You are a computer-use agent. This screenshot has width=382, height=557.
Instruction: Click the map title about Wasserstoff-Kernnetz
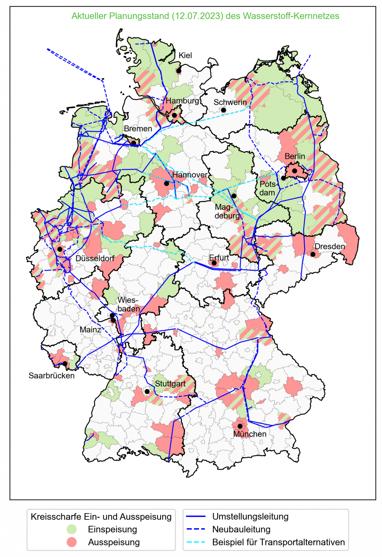coord(205,16)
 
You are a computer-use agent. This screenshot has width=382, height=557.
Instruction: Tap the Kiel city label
coord(185,55)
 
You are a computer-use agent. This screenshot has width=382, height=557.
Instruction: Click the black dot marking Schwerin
coord(224,110)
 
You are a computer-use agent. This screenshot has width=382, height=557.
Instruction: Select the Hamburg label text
coord(182,101)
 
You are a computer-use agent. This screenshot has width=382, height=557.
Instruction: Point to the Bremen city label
coord(138,129)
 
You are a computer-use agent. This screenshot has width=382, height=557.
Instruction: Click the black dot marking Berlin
coord(294,171)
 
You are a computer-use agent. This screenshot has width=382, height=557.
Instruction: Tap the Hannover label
coord(190,175)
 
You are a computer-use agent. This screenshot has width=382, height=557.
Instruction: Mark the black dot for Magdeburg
coord(234,196)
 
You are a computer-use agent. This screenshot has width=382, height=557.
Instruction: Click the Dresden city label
coord(330,247)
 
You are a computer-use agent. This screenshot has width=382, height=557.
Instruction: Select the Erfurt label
coord(219,257)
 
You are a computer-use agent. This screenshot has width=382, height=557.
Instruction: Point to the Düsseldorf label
coord(95,259)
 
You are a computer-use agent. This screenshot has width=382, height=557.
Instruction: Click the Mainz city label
coord(90,330)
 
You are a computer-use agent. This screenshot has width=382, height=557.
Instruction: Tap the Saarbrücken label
coord(52,376)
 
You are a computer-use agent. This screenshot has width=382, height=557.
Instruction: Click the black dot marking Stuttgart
coord(147,392)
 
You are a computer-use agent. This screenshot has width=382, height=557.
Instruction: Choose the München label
coord(250,434)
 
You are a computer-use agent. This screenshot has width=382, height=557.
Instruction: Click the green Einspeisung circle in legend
coord(72,529)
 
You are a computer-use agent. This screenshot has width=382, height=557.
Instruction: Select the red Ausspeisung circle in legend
coord(72,542)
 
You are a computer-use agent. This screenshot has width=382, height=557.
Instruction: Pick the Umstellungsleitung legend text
coord(250,516)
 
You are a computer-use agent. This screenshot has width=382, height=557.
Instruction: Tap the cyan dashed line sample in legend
coord(196,542)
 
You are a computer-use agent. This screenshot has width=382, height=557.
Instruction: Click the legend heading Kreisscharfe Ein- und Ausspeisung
coord(101,517)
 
